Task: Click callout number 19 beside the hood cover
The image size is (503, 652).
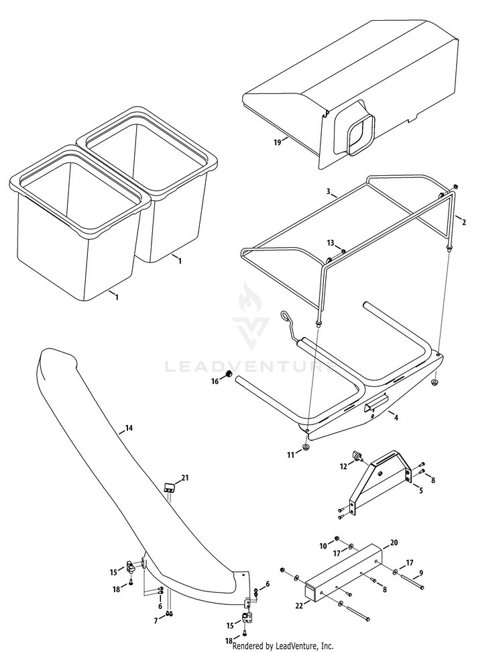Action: tap(277, 142)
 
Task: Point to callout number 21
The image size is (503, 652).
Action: tap(185, 478)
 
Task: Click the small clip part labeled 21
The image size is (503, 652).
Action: tap(169, 486)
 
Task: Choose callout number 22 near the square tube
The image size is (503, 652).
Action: tap(299, 605)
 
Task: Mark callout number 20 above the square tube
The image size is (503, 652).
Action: tap(394, 542)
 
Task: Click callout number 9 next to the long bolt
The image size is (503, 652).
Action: tap(421, 573)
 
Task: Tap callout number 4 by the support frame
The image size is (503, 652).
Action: tap(396, 417)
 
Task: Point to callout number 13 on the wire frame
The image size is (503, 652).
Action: tap(330, 242)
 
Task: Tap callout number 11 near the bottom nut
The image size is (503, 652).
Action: tap(290, 455)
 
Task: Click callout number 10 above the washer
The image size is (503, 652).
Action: tap(323, 545)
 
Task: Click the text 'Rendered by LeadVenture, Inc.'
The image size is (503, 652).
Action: tap(282, 646)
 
